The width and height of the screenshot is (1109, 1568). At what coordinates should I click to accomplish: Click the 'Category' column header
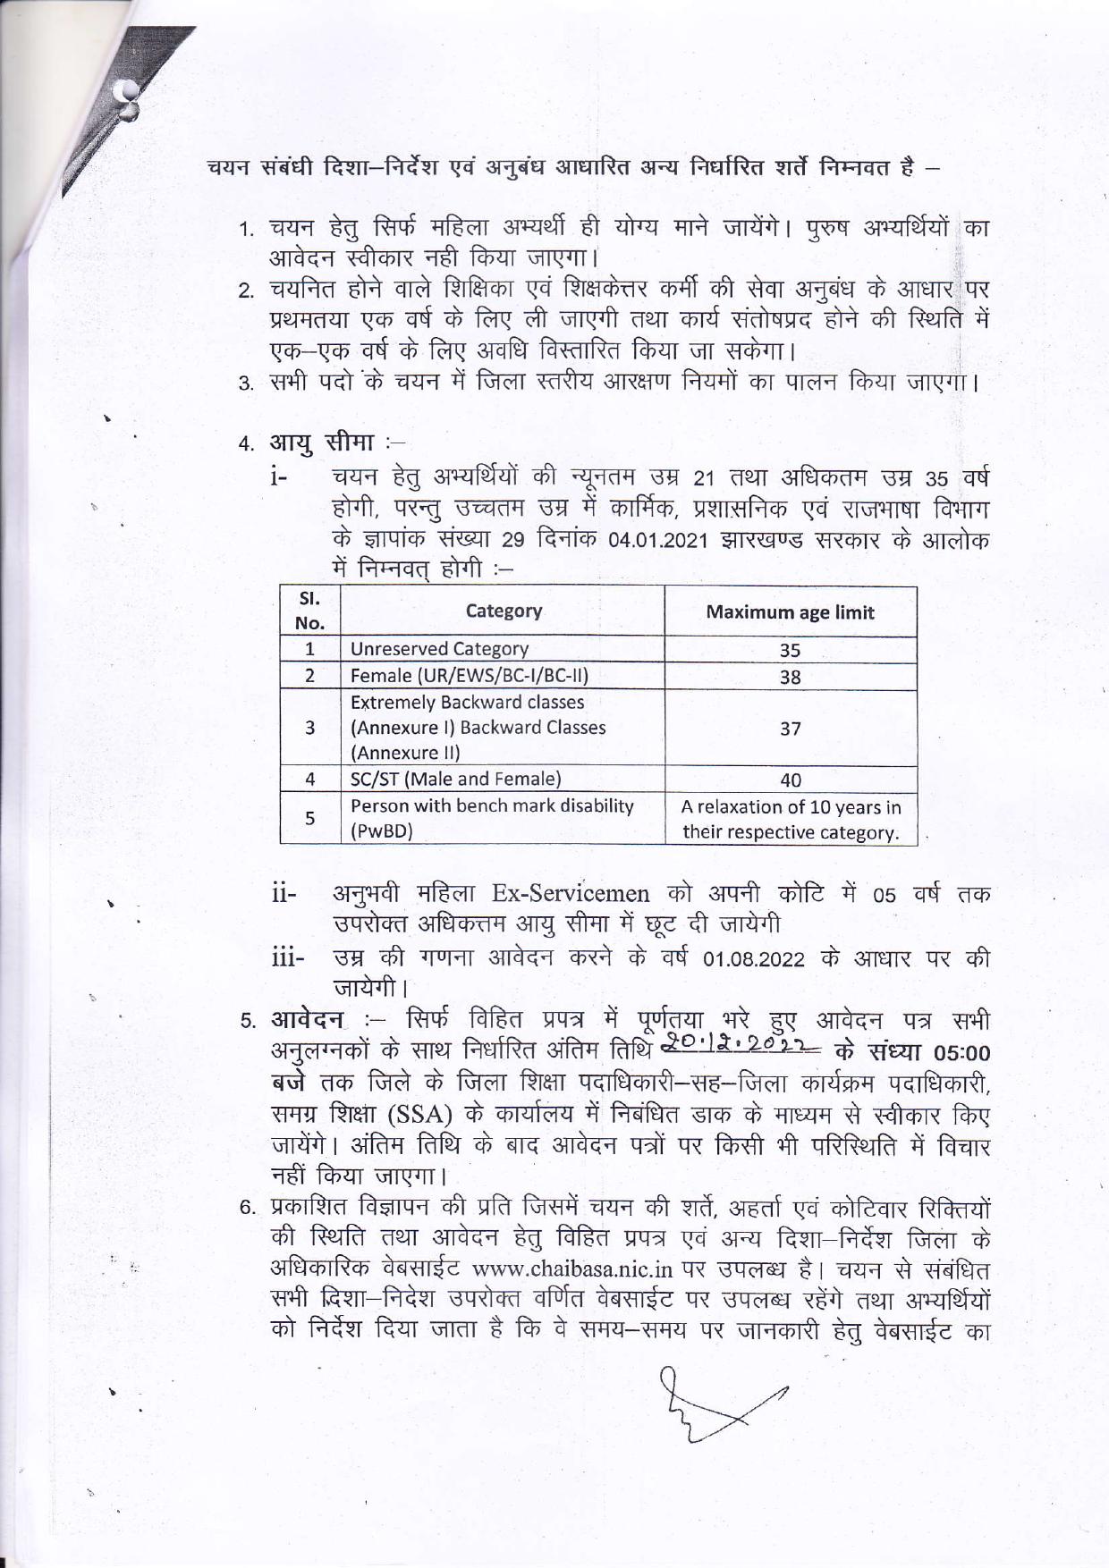coord(503,611)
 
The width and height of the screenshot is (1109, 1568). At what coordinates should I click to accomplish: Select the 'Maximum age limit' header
coord(790,612)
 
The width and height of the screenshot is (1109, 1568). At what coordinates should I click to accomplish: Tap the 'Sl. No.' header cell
coord(309,611)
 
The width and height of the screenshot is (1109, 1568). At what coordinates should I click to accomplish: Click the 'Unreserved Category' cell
coord(439,649)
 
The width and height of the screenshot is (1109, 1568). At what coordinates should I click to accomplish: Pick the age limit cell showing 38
coord(790,677)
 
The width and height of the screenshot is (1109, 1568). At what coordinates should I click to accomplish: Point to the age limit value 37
coord(790,728)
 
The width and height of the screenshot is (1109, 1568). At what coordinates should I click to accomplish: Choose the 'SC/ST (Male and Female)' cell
coord(455,779)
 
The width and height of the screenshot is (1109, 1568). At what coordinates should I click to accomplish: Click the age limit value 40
coord(790,780)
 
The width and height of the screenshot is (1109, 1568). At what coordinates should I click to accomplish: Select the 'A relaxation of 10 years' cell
coord(790,819)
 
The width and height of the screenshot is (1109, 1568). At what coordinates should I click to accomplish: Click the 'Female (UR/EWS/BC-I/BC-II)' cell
coord(469,676)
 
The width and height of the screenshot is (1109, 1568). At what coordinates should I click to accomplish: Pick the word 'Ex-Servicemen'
coord(571,894)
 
